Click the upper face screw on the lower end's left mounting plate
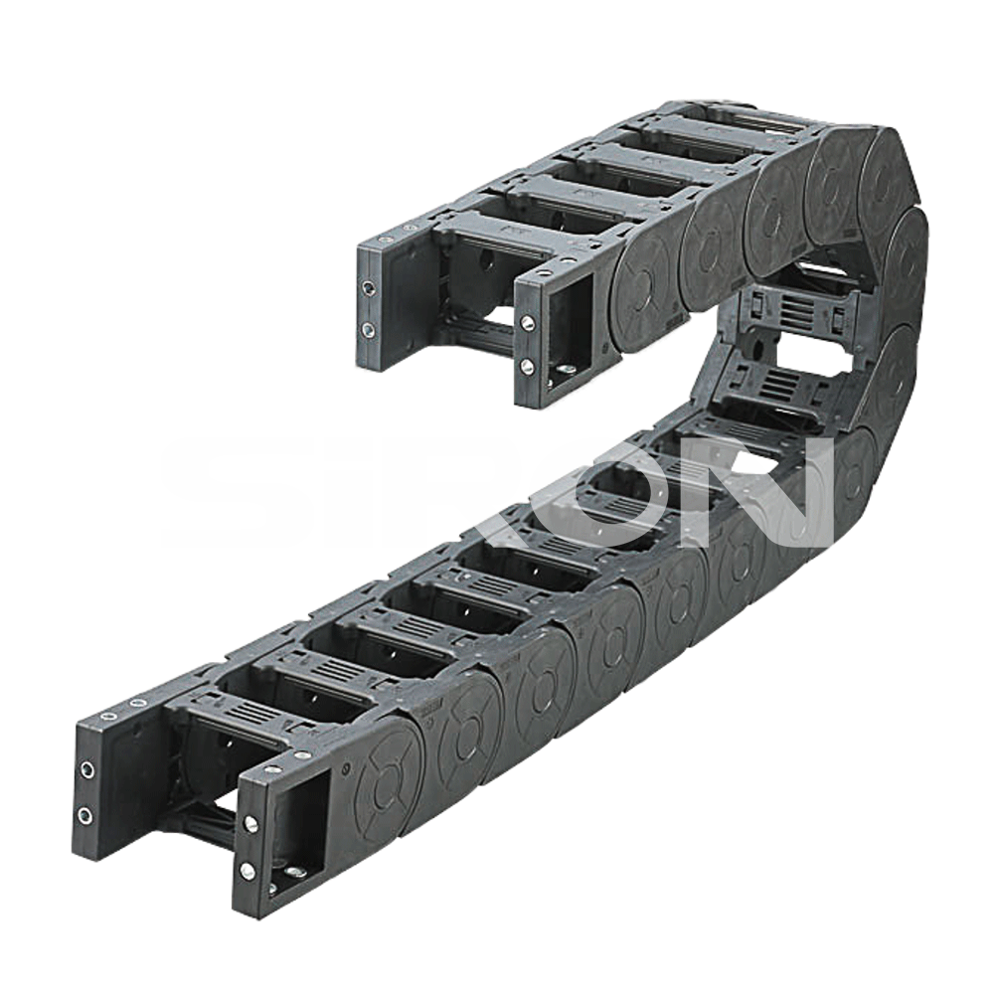tap(87, 771)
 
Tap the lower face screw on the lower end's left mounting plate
tap(84, 815)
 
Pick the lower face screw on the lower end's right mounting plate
tap(247, 871)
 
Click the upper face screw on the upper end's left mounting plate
tap(369, 289)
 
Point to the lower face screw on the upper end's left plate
tap(368, 330)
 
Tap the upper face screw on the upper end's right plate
tap(527, 323)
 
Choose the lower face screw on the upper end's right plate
tap(526, 366)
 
